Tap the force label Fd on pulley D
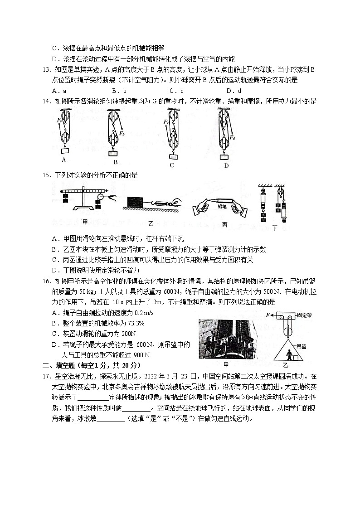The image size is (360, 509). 232,137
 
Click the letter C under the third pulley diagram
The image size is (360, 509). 172,165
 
